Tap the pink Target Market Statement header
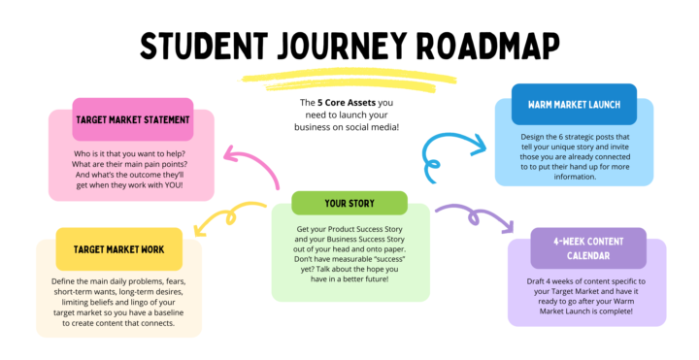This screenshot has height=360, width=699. point(134,121)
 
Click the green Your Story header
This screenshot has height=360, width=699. point(349,204)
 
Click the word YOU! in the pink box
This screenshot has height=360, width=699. point(178,183)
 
